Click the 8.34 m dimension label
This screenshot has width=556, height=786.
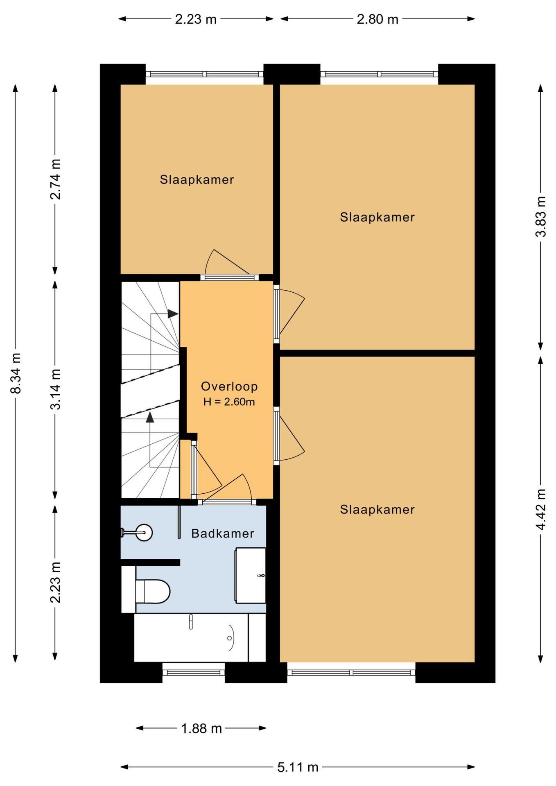tap(16, 373)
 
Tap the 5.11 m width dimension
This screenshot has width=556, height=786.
tap(298, 767)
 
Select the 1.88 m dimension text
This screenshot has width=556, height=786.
tap(201, 728)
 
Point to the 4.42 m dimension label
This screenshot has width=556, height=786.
tap(541, 509)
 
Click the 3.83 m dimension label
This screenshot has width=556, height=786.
tap(541, 217)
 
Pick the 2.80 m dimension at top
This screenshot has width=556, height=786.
tap(377, 19)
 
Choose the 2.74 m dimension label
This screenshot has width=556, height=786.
tap(55, 179)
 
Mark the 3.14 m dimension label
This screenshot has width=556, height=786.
tap(55, 389)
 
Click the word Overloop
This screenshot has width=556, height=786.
tap(229, 386)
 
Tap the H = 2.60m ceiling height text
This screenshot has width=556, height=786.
tap(229, 402)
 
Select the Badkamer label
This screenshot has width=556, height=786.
tap(223, 533)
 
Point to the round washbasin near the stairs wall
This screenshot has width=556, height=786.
tap(144, 533)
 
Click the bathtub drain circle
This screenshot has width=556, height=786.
tap(229, 638)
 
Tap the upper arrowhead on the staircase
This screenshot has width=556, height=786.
tap(173, 314)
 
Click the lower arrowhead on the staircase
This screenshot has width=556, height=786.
tap(150, 417)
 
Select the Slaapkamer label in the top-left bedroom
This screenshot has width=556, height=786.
tap(197, 179)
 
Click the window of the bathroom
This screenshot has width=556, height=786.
tap(194, 672)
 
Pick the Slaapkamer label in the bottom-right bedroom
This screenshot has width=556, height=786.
tap(377, 509)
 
